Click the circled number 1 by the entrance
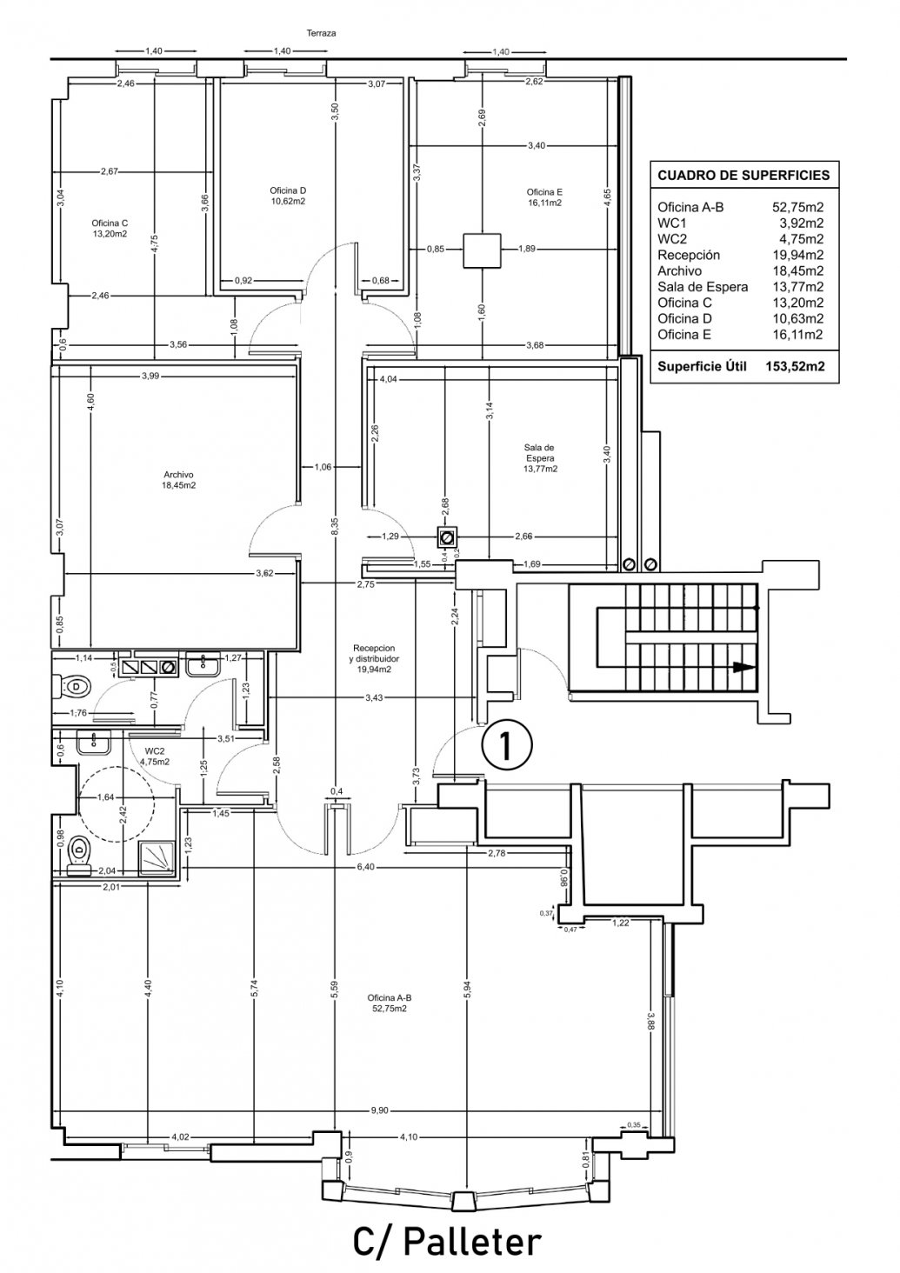tap(506, 745)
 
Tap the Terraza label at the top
tap(321, 33)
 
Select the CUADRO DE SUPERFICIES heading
tap(743, 175)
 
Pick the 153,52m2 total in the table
tap(795, 366)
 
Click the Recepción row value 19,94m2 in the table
tap(797, 255)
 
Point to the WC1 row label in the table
tap(671, 223)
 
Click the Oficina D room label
tap(288, 196)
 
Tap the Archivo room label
tap(178, 480)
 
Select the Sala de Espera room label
tap(540, 458)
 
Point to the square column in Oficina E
tap(482, 250)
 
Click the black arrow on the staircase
tap(746, 667)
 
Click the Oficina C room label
tap(110, 228)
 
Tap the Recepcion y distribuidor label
tap(373, 658)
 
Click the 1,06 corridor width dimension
tap(322, 467)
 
